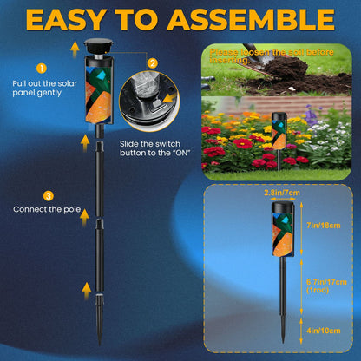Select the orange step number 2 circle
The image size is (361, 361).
pos(153,62)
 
